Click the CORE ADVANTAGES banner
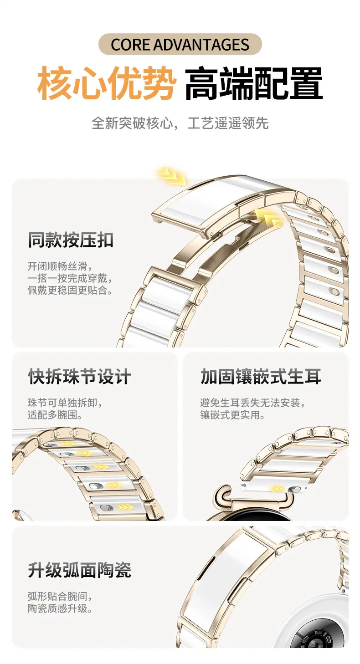(180, 44)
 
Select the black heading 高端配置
(254, 83)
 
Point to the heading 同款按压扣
(71, 240)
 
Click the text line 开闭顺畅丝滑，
(60, 266)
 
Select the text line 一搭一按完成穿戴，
(70, 278)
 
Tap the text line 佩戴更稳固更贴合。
(70, 290)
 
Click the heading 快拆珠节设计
(79, 377)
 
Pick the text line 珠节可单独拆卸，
(65, 403)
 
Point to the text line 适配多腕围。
(55, 415)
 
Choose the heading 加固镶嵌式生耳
(261, 377)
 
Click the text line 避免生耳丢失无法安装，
(252, 403)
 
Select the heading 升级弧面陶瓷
(79, 570)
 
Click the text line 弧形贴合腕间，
(60, 596)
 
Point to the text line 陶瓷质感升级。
(60, 608)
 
